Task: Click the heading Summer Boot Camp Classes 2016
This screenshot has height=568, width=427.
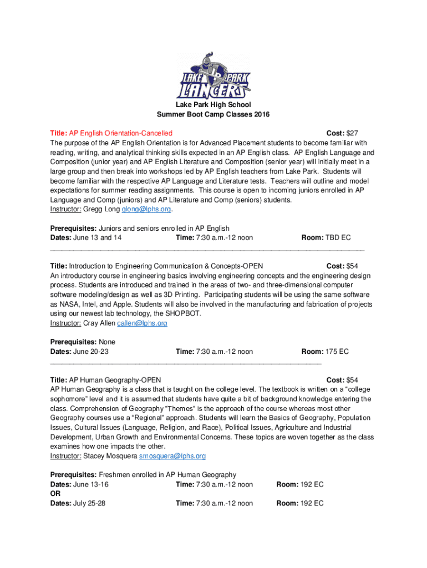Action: coord(213,115)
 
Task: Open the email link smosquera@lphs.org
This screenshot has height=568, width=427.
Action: coord(172,456)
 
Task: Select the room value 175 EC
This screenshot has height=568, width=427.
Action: coord(337,352)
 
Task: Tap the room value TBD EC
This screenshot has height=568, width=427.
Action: coord(338,238)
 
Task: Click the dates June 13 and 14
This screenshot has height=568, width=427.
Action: coord(98,238)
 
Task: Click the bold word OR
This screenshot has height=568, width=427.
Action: coord(55,494)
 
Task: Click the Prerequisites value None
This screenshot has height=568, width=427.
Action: coord(106,342)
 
